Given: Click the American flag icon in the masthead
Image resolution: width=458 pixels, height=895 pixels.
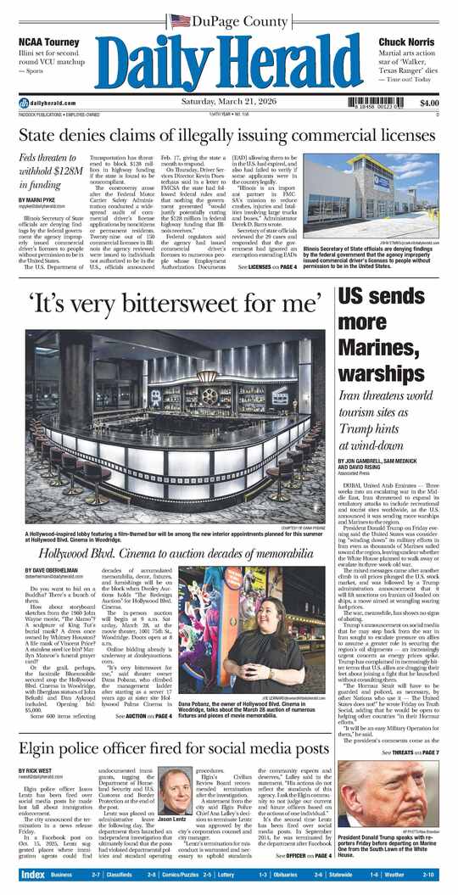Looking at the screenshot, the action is (180, 19).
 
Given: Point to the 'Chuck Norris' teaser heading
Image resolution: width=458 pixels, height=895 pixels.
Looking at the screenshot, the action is (406, 42).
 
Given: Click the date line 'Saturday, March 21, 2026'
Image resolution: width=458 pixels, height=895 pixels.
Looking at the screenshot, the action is (229, 103).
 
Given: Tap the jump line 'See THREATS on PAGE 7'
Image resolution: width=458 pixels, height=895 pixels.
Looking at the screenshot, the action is (411, 752).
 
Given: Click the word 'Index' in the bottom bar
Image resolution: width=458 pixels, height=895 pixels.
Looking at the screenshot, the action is (33, 875).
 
